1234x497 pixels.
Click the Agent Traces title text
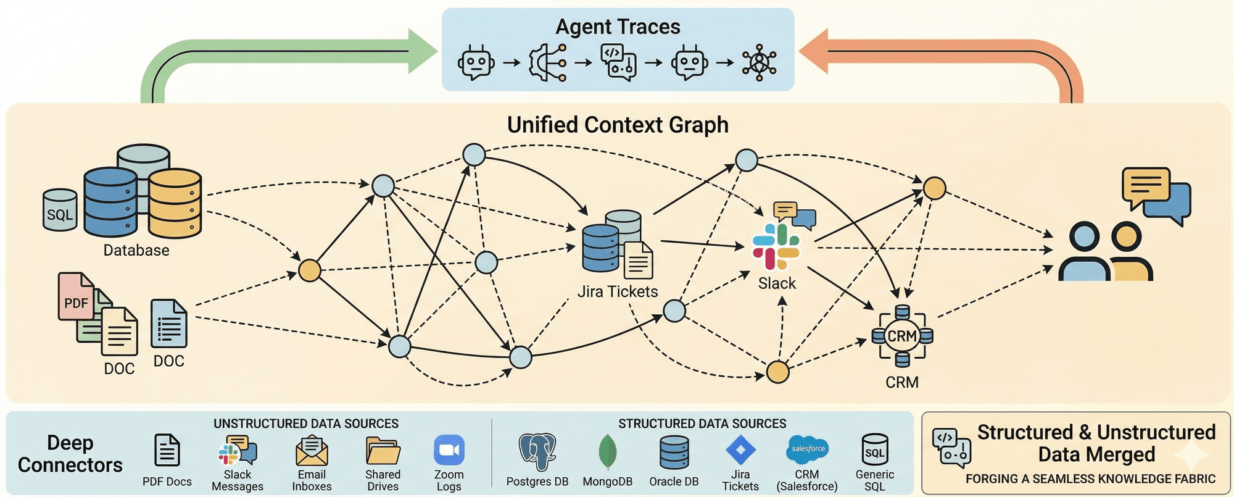point(618,27)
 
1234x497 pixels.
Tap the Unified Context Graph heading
point(618,125)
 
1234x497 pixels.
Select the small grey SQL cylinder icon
point(60,211)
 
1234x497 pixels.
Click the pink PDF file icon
point(75,297)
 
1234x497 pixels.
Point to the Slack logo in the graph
point(776,246)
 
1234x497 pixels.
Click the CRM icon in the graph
point(902,336)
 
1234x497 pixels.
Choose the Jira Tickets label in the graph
point(618,291)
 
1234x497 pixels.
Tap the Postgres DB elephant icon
point(537,451)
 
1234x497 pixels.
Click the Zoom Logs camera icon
point(449,450)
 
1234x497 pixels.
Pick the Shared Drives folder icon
point(383,451)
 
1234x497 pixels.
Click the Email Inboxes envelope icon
point(312,451)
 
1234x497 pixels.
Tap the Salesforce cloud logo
point(807,449)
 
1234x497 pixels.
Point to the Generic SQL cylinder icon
point(874,449)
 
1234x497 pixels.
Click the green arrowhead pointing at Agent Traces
point(423,51)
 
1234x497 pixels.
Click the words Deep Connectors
point(70,454)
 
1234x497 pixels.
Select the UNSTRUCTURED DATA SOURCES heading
point(305,424)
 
